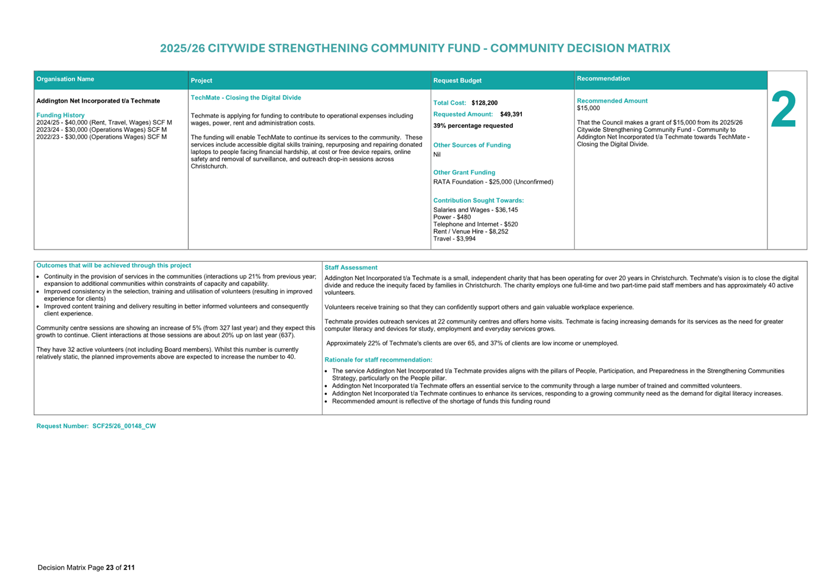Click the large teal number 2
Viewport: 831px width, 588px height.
(783, 110)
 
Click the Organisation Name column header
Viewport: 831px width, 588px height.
(65, 79)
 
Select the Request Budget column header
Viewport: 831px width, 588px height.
(457, 80)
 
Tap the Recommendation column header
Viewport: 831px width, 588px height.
(603, 78)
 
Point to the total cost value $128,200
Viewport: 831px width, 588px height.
(484, 103)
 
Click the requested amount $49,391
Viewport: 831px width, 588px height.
(511, 114)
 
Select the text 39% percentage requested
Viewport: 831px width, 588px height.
(473, 126)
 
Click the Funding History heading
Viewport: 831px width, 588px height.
(61, 115)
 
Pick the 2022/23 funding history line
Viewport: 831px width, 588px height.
(102, 137)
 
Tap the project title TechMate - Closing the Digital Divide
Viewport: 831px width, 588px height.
(245, 98)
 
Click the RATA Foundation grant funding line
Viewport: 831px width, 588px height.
(493, 182)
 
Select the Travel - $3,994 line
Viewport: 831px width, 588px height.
(454, 239)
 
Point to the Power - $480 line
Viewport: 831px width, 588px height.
(452, 217)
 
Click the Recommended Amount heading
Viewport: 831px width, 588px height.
(612, 101)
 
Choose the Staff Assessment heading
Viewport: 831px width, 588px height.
(351, 268)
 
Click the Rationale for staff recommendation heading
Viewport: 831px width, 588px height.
(378, 360)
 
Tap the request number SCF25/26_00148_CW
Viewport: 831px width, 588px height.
(124, 426)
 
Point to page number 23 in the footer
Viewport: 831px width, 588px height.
(110, 568)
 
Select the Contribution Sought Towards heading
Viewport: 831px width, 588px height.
(479, 200)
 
